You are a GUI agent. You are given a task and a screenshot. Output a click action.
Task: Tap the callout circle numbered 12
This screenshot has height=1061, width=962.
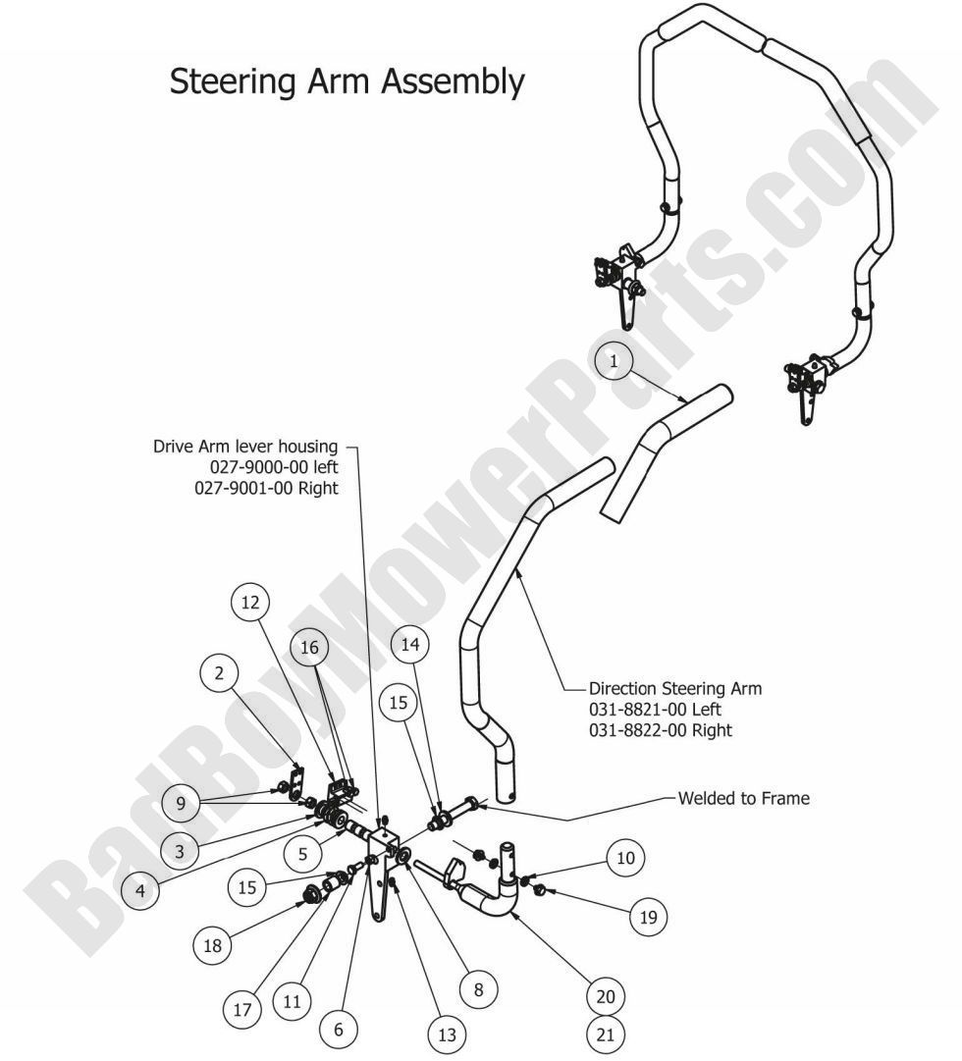(250, 602)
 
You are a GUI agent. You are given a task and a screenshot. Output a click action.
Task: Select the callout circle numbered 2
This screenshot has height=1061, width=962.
(219, 673)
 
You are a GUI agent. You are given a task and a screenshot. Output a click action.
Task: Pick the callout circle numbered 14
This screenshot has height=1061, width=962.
(410, 645)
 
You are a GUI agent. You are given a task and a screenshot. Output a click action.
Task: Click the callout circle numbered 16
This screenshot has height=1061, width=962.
(310, 648)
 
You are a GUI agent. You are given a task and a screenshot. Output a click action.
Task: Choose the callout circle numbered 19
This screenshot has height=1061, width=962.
(647, 918)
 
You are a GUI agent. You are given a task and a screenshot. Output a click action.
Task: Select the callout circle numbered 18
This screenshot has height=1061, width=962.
(212, 947)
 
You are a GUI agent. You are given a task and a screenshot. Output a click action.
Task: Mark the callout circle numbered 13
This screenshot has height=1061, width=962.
(447, 1034)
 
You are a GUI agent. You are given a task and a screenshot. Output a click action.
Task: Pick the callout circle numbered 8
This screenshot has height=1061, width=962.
(478, 990)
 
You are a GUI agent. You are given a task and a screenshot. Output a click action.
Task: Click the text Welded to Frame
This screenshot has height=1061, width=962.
(744, 798)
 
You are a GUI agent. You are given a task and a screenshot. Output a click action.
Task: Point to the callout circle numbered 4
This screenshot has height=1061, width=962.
(141, 891)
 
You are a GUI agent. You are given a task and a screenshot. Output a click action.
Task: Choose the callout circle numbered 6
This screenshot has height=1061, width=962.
(339, 1030)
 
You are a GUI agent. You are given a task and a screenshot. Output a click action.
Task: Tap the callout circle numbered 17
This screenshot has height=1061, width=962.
(243, 1009)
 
